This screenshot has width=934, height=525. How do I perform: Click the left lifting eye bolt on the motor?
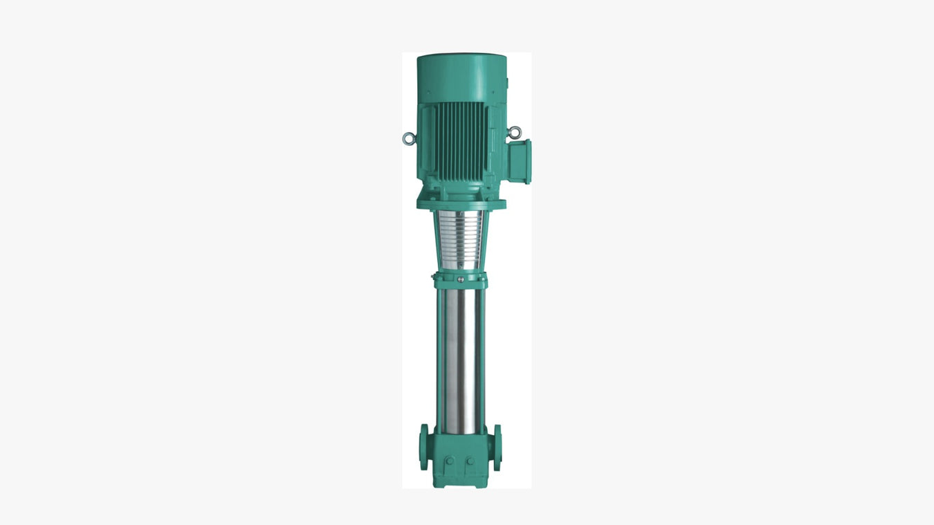(x=408, y=138)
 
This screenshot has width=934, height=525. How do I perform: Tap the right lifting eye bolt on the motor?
(x=513, y=132)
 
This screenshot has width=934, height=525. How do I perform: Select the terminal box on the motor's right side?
(x=519, y=161)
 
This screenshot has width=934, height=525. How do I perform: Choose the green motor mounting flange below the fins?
(x=461, y=203)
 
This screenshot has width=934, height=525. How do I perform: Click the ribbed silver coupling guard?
(x=461, y=239)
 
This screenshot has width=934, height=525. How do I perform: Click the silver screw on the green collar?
(x=461, y=279)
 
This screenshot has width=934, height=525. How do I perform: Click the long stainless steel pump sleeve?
(x=461, y=360)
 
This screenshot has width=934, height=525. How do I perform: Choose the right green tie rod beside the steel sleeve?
(x=482, y=360)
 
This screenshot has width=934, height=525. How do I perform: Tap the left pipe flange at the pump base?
(x=423, y=447)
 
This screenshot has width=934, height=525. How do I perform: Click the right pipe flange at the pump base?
(x=497, y=447)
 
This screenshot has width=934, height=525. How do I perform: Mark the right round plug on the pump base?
(x=470, y=460)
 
